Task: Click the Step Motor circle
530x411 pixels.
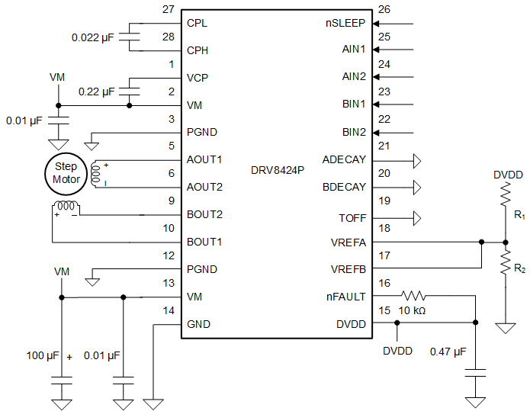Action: (x=66, y=173)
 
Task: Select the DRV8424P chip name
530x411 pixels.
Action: (x=278, y=169)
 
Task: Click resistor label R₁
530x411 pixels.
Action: (x=519, y=217)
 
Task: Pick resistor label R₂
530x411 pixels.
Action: (x=519, y=269)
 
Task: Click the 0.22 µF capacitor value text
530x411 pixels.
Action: (x=96, y=92)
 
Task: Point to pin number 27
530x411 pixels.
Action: (x=169, y=10)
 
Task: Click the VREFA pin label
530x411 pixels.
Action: (x=348, y=242)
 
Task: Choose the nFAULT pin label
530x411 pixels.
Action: (x=347, y=297)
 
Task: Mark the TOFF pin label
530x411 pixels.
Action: (x=352, y=218)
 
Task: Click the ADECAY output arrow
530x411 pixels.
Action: (x=416, y=160)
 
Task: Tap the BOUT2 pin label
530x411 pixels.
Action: (x=204, y=215)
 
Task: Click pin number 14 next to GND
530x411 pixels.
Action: (x=169, y=310)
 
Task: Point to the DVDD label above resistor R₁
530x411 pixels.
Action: (x=508, y=175)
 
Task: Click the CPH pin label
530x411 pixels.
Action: (x=198, y=51)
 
